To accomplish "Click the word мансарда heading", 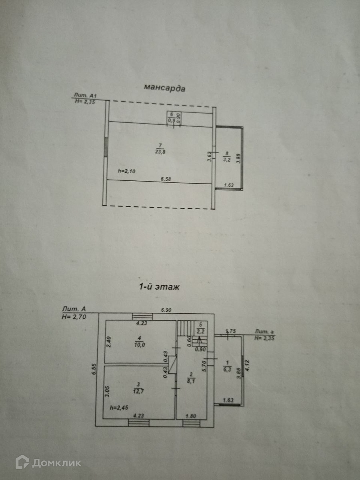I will (164, 88).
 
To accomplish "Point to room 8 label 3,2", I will (227, 156).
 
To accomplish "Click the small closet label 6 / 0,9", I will (171, 117).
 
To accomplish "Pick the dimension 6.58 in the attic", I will (166, 180).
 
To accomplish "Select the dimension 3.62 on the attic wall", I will (210, 155).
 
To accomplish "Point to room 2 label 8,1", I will (191, 377).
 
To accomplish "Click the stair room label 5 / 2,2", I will (202, 327).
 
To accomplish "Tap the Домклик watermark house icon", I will (22, 462).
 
